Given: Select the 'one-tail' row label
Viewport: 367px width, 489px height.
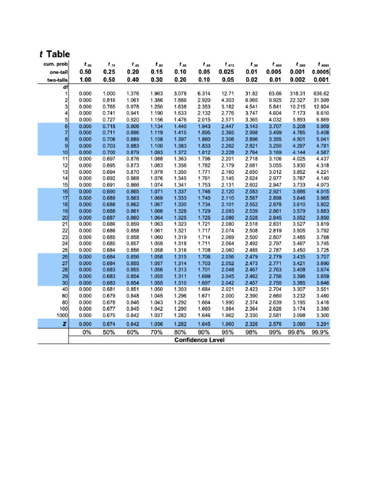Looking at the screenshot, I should (58, 72).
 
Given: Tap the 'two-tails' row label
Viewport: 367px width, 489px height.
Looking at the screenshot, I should (57, 80).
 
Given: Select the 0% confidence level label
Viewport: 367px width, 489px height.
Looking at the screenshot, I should (86, 333).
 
